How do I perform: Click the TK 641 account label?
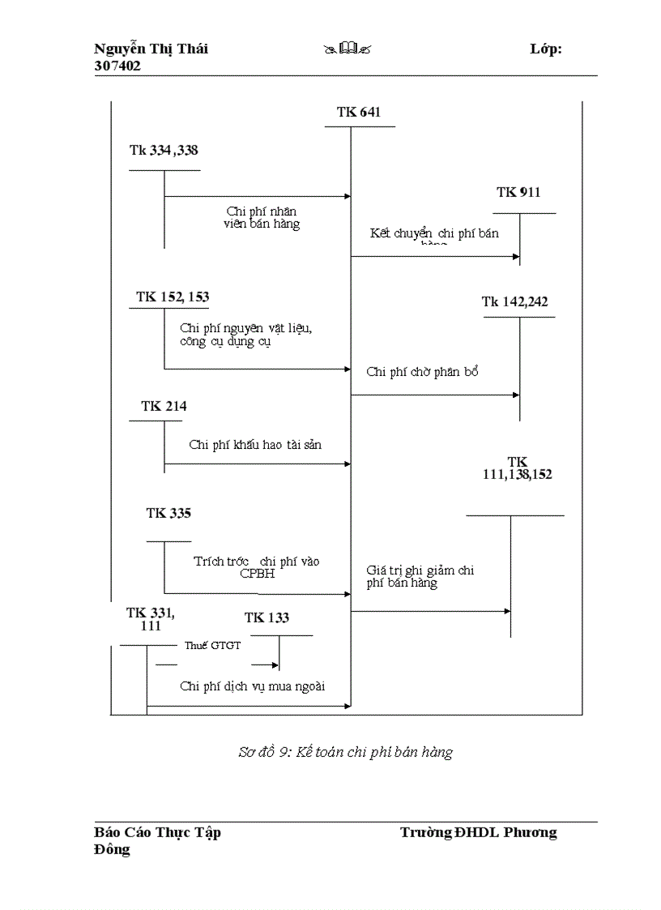359,112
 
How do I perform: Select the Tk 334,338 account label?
164,150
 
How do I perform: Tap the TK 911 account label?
518,192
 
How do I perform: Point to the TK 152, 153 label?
173,297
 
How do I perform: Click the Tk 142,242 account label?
514,301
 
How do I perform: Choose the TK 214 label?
164,406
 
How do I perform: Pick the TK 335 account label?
168,513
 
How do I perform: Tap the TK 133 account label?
267,617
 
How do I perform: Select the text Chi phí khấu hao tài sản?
257,444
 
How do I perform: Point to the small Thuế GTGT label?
207,645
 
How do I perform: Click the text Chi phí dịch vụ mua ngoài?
252,686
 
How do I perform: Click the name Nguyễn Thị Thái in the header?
151,49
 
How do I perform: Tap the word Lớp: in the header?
546,49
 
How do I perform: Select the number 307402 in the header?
117,66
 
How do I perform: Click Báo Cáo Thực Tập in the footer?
157,832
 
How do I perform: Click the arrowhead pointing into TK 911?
516,256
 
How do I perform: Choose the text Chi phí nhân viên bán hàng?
262,217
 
